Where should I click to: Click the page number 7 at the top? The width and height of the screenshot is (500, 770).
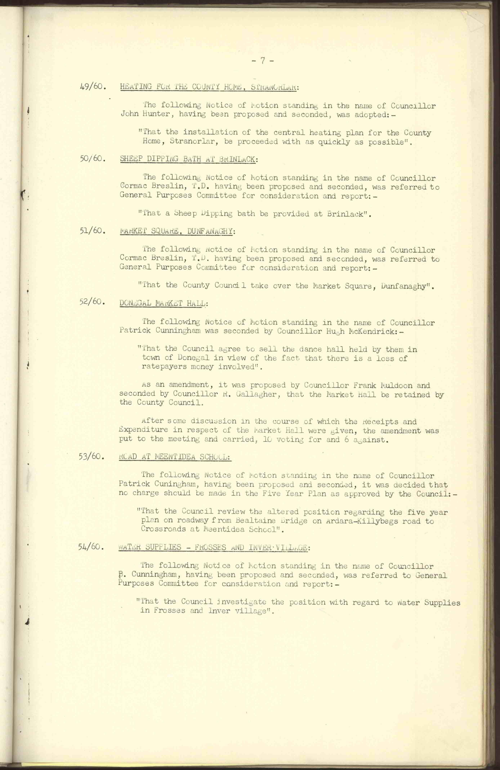(263, 61)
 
